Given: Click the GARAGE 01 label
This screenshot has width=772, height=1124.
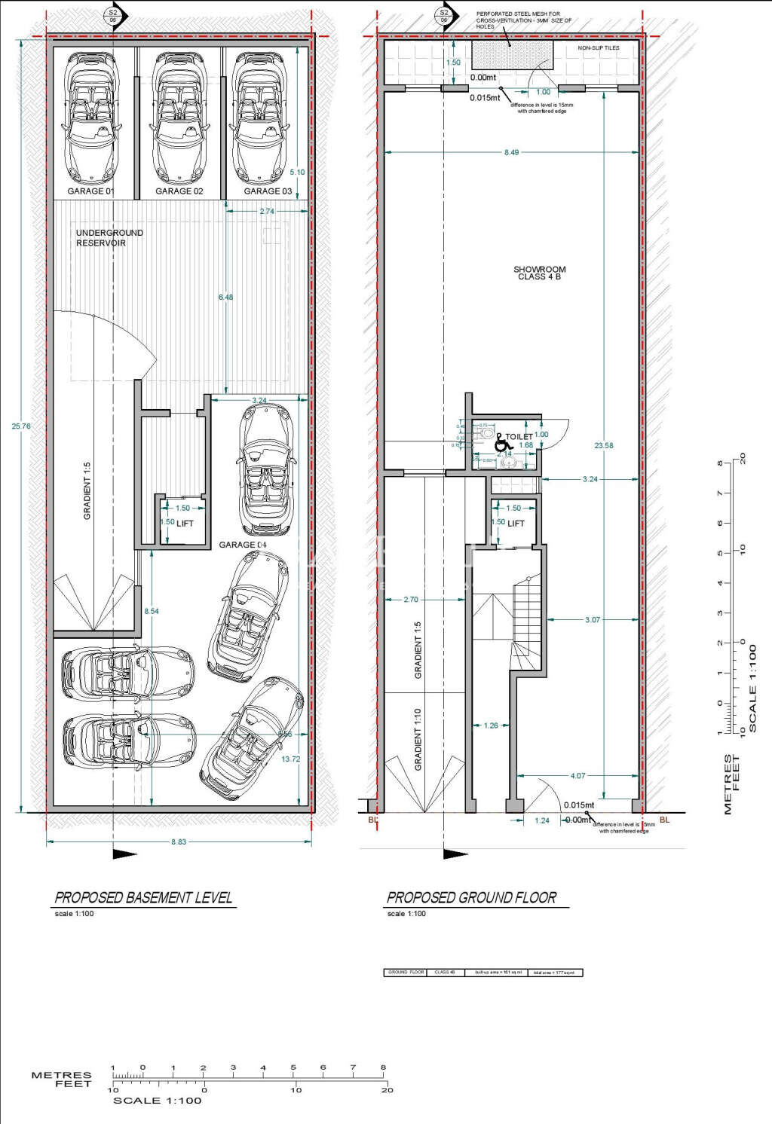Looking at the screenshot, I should click(90, 191).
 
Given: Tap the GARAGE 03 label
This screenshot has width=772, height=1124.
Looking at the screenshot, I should click(268, 191).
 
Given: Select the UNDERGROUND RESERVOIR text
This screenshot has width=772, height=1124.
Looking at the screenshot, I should click(109, 238).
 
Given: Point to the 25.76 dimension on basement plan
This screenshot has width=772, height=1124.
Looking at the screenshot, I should click(21, 426).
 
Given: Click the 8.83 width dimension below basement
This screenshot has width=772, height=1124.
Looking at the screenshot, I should click(179, 841).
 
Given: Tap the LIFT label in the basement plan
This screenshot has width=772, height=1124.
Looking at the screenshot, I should click(185, 524).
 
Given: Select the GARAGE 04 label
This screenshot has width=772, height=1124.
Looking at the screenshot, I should click(243, 545).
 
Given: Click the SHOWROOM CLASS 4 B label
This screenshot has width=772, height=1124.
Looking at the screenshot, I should click(539, 273).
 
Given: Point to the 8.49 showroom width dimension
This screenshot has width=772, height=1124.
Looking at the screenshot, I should click(511, 152).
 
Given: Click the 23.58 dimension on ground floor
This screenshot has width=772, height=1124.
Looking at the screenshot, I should click(604, 446).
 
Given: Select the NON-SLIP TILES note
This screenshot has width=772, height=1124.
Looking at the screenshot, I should click(599, 48).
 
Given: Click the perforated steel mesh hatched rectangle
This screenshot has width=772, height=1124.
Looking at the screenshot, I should click(513, 55).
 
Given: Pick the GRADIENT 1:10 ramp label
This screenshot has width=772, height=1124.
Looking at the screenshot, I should click(418, 738).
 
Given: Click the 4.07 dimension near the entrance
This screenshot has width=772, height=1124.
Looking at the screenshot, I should click(577, 776).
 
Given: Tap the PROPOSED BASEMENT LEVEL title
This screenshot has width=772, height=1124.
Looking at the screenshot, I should click(143, 897).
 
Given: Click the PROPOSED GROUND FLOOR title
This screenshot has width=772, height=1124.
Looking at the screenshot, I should click(471, 897).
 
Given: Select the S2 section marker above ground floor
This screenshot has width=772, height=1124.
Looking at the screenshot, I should click(444, 16).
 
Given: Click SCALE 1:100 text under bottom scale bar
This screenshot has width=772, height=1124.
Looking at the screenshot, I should click(158, 1101).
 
